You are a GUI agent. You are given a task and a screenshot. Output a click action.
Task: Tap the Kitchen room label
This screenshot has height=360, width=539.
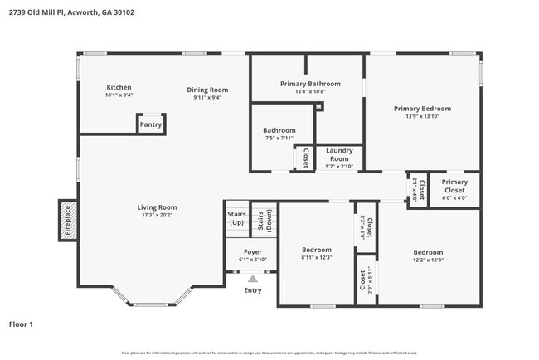click(x=119, y=87)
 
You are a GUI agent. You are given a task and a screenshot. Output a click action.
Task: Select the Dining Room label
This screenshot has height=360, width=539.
click(x=206, y=90)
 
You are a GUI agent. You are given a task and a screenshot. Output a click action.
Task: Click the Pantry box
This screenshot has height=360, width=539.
click(x=150, y=124)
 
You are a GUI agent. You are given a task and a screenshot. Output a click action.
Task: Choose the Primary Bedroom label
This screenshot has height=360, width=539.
click(x=422, y=109)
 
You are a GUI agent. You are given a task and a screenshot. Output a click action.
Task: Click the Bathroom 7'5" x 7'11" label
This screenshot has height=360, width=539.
click(x=279, y=130)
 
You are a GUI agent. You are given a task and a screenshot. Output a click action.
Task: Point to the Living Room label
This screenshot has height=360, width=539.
click(x=158, y=207)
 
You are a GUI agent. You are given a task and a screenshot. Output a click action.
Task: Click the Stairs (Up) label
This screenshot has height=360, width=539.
click(x=236, y=218)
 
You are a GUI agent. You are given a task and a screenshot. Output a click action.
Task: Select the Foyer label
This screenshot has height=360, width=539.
click(x=253, y=251)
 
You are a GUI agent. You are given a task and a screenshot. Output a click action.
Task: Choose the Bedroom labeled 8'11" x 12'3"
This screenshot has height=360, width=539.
click(x=316, y=250)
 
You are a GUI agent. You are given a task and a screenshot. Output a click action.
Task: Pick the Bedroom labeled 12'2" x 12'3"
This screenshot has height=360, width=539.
click(x=428, y=252)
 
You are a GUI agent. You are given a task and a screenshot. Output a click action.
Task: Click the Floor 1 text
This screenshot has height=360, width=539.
click(x=21, y=324)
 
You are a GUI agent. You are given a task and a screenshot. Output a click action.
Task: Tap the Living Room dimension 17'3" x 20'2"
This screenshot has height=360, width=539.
click(x=158, y=215)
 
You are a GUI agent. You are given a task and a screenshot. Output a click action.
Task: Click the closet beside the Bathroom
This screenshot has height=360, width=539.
click(x=305, y=158)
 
